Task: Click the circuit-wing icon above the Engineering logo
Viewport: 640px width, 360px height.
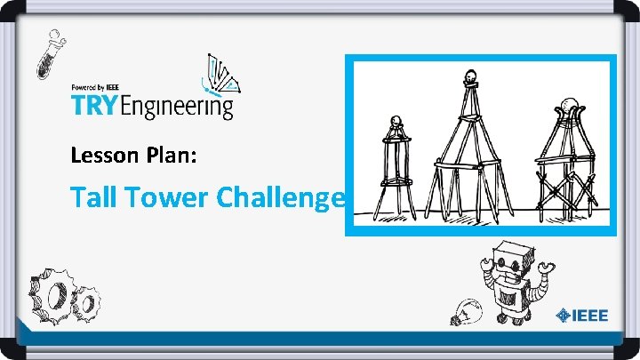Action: pos(222,75)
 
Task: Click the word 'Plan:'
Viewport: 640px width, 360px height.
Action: pos(181,156)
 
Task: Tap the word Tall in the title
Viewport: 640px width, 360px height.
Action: pos(95,197)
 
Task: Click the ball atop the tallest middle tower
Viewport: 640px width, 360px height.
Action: pos(473,74)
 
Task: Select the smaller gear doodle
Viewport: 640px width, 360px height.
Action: pos(88,303)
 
